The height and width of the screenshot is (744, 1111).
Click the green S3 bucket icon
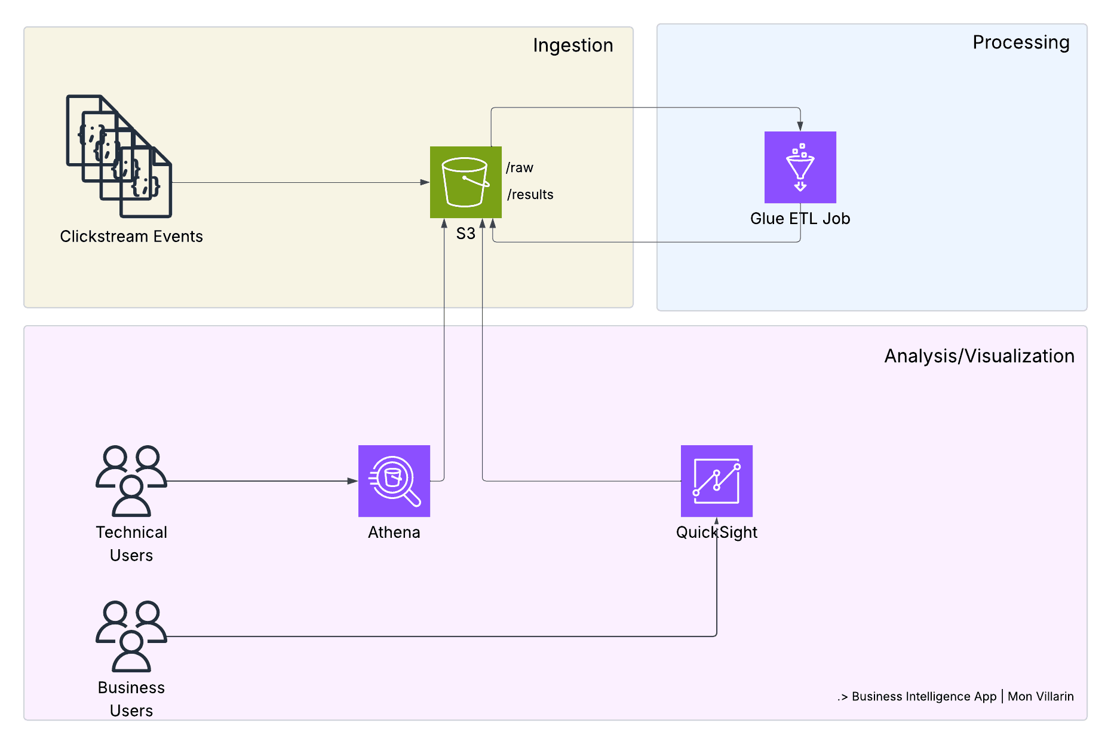click(x=465, y=182)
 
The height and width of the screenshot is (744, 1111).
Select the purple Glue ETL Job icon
click(x=800, y=167)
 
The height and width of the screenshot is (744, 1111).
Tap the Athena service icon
click(x=394, y=481)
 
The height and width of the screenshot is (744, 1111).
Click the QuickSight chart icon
click(x=716, y=481)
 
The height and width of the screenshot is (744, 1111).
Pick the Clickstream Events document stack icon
click(x=119, y=157)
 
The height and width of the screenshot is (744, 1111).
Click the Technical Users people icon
click(x=131, y=480)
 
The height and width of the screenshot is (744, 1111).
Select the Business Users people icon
click(x=131, y=636)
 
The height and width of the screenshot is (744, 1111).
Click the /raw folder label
click(x=520, y=168)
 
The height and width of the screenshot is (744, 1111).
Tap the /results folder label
click(x=530, y=195)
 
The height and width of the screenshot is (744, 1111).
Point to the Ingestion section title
click(x=572, y=45)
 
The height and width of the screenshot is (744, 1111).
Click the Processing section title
click(x=1020, y=42)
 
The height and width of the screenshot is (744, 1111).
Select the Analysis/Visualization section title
click(x=978, y=356)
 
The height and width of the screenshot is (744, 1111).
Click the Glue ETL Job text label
click(x=800, y=219)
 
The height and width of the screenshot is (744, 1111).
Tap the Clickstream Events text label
click(x=131, y=237)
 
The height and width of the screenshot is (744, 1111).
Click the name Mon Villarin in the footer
click(x=1040, y=697)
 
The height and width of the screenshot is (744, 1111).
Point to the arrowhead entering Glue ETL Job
click(x=800, y=127)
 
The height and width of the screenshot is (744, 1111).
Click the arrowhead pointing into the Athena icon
click(x=352, y=481)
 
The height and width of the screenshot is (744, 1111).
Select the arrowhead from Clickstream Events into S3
click(x=425, y=182)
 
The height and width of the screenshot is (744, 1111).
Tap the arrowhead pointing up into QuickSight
click(x=716, y=521)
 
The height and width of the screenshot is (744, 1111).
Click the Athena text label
click(x=394, y=532)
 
